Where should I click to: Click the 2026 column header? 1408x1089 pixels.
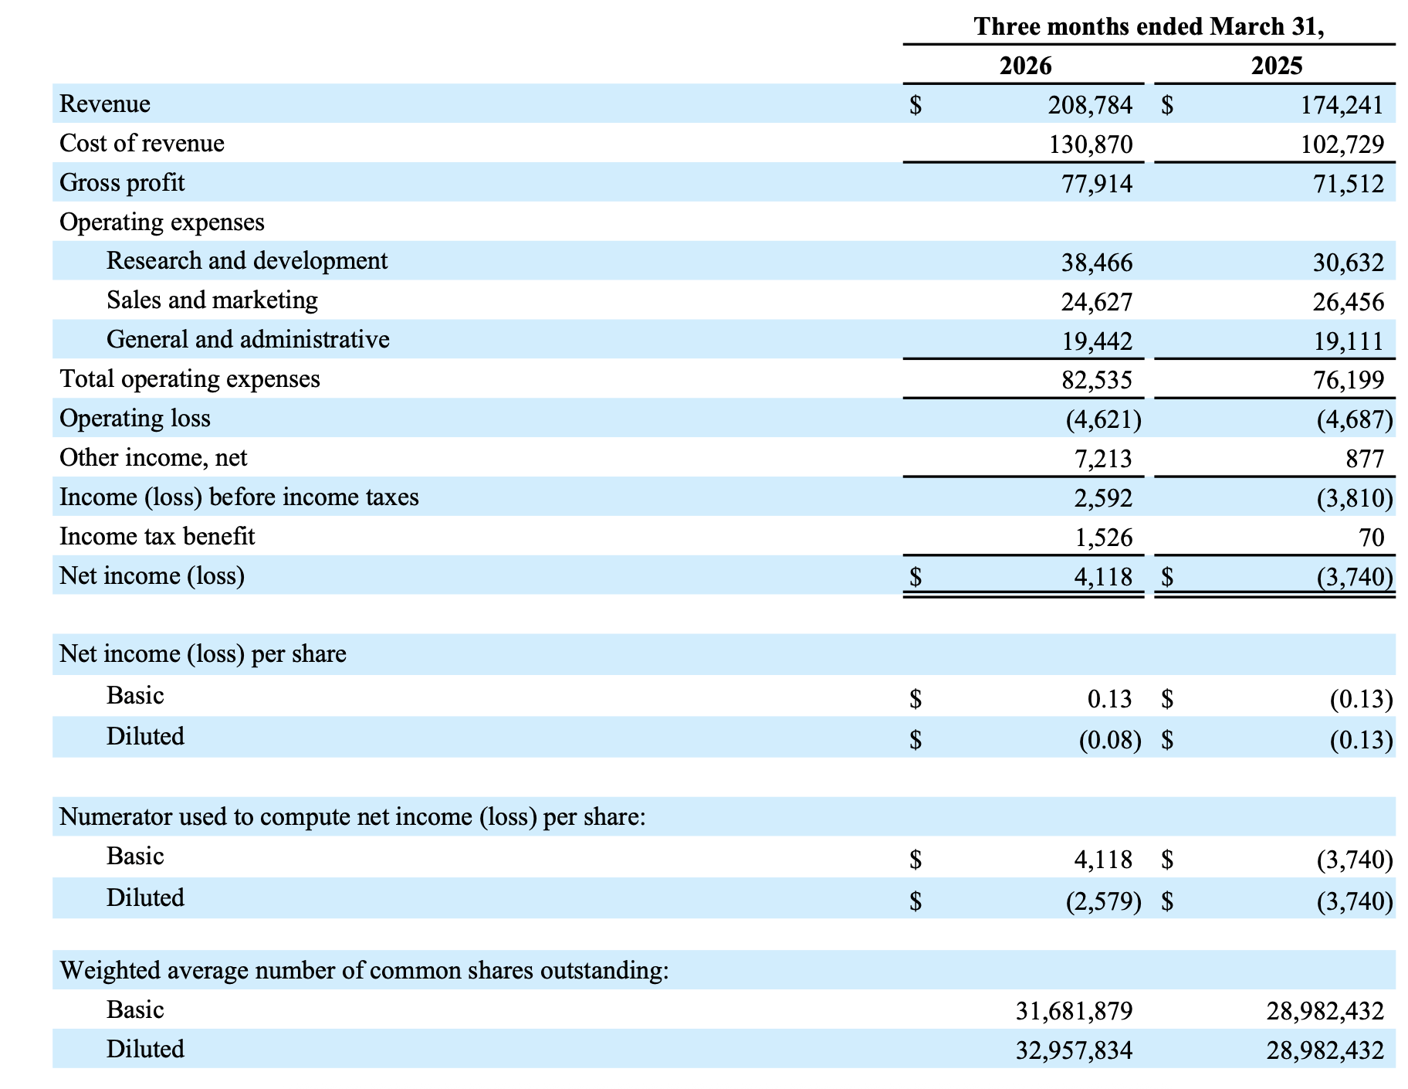click(1025, 66)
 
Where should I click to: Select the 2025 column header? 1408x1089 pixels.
click(1277, 66)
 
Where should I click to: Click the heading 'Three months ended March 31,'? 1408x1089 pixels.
click(1149, 26)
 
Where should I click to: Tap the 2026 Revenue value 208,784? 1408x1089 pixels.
click(1090, 105)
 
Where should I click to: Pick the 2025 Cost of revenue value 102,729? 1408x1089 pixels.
click(1342, 144)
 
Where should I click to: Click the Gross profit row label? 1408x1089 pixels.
click(122, 183)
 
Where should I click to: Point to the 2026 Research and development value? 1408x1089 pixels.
click(1097, 263)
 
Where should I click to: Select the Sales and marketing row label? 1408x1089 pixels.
click(212, 300)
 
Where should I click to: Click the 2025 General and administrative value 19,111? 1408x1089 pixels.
click(1349, 341)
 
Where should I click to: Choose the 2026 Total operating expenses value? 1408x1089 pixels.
click(1097, 380)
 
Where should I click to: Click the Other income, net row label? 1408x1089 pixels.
click(153, 458)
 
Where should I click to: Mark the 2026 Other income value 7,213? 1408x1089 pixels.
click(1103, 459)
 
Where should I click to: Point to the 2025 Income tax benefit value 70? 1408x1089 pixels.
click(1371, 537)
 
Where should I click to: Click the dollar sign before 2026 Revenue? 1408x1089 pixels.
click(916, 105)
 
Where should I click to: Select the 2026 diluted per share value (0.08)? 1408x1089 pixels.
click(1110, 740)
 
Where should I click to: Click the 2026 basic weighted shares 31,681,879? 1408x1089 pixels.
click(1075, 1011)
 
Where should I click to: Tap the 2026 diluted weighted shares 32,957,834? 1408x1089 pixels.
click(1075, 1050)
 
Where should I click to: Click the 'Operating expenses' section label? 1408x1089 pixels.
click(162, 222)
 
